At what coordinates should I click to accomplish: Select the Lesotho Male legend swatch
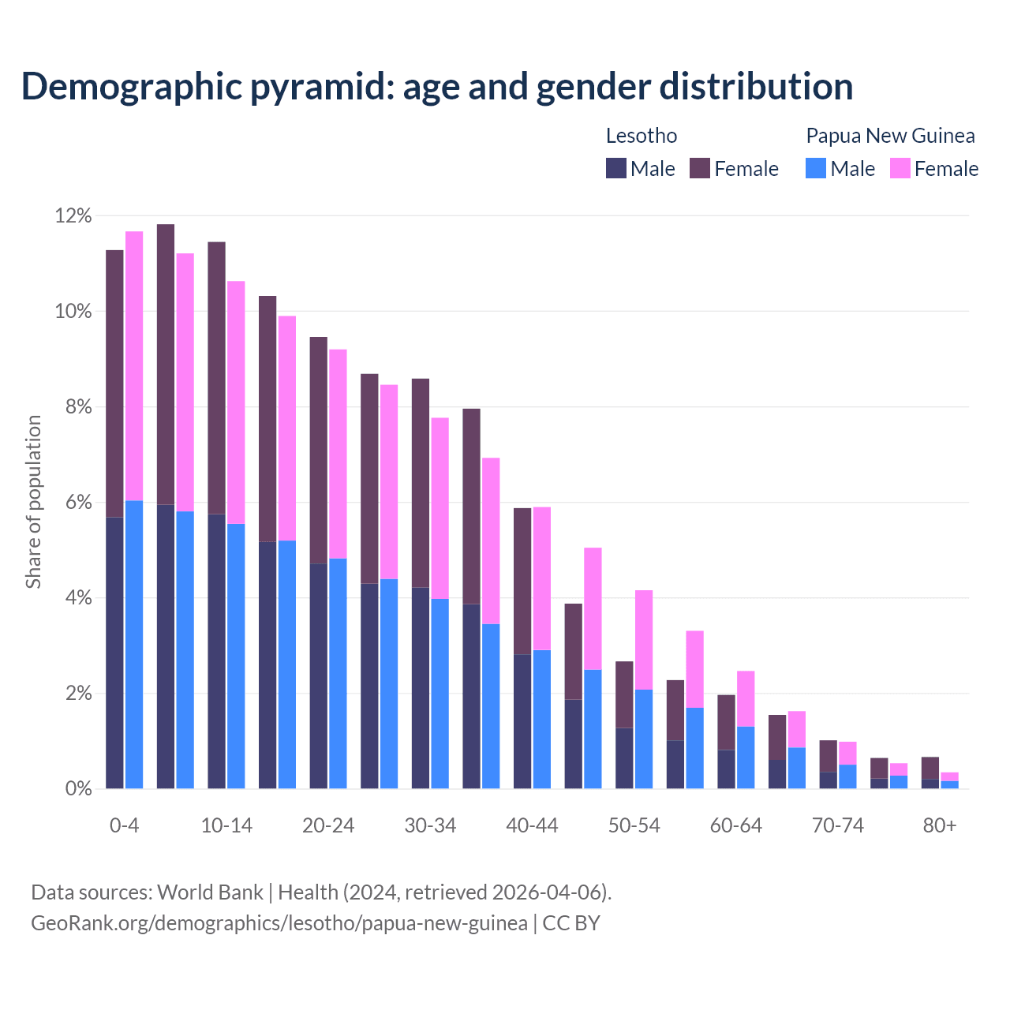click(x=616, y=168)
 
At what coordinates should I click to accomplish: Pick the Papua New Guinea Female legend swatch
click(x=900, y=168)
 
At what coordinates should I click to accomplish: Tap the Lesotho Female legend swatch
click(x=700, y=168)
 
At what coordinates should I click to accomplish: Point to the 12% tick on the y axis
click(x=73, y=215)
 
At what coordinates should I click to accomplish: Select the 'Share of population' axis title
click(x=33, y=502)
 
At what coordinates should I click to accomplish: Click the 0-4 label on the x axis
click(x=125, y=825)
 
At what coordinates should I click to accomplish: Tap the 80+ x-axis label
click(x=940, y=825)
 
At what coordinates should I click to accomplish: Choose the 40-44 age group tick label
click(x=532, y=825)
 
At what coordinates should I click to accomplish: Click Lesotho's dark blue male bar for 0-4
click(x=114, y=653)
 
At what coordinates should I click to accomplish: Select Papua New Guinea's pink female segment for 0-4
click(x=134, y=365)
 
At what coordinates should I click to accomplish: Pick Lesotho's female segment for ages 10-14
click(x=216, y=378)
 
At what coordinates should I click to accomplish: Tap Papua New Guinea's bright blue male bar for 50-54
click(x=644, y=739)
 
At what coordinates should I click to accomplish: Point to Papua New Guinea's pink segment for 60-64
click(x=746, y=698)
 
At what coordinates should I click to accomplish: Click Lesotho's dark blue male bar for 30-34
click(x=421, y=687)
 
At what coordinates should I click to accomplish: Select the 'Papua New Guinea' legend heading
click(x=890, y=136)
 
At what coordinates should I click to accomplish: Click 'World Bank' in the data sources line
click(x=210, y=892)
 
